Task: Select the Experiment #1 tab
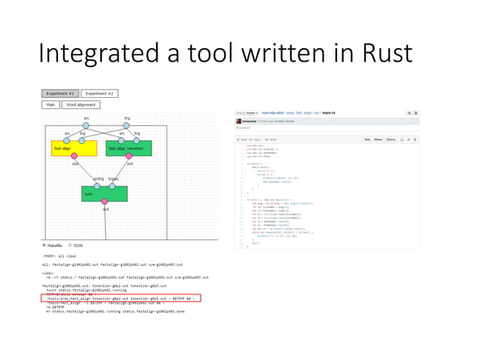pyautogui.click(x=59, y=93)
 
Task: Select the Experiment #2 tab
pyautogui.click(x=99, y=93)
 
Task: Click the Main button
pyautogui.click(x=50, y=105)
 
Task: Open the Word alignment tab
pyautogui.click(x=80, y=105)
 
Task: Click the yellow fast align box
pyautogui.click(x=74, y=148)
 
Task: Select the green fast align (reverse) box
pyautogui.click(x=129, y=148)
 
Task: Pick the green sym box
pyautogui.click(x=104, y=194)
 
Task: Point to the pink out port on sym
pyautogui.click(x=105, y=202)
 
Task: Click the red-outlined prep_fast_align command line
pyautogui.click(x=121, y=298)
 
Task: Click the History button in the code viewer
pyautogui.click(x=391, y=139)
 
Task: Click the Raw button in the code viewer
pyautogui.click(x=367, y=139)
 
